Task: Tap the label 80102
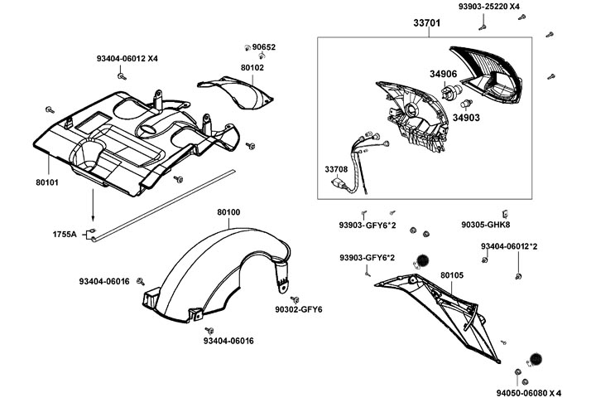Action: pos(252,67)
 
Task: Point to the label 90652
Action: pos(264,47)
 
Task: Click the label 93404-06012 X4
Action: pos(127,58)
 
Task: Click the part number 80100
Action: pos(229,212)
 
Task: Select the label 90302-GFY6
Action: pos(299,310)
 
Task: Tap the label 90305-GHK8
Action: pos(486,224)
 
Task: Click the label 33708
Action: pos(336,169)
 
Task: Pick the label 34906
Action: pos(443,73)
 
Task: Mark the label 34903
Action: pos(465,118)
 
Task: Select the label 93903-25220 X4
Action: pos(490,7)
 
